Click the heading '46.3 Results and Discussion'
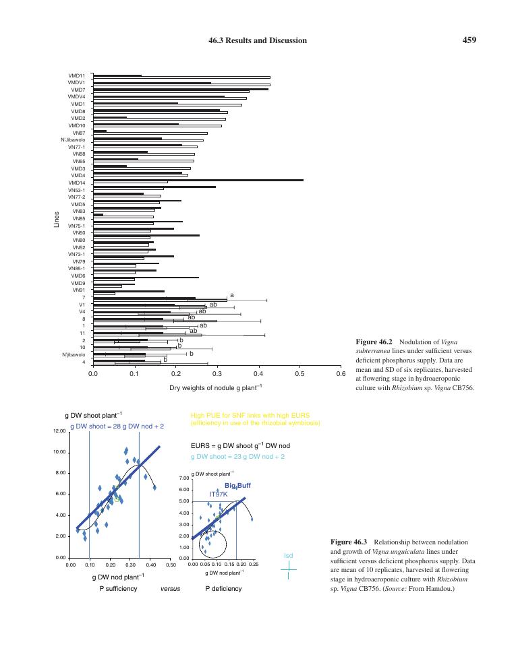pos(258,40)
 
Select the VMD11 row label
pos(77,75)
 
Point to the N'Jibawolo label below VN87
pos(73,140)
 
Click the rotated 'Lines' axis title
pos(57,220)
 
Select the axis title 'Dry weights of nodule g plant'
pos(216,387)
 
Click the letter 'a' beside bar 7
pos(231,295)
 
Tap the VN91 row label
pos(79,290)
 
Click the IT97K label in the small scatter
pos(219,494)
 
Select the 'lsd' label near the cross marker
pos(289,555)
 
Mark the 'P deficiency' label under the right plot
pos(223,588)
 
